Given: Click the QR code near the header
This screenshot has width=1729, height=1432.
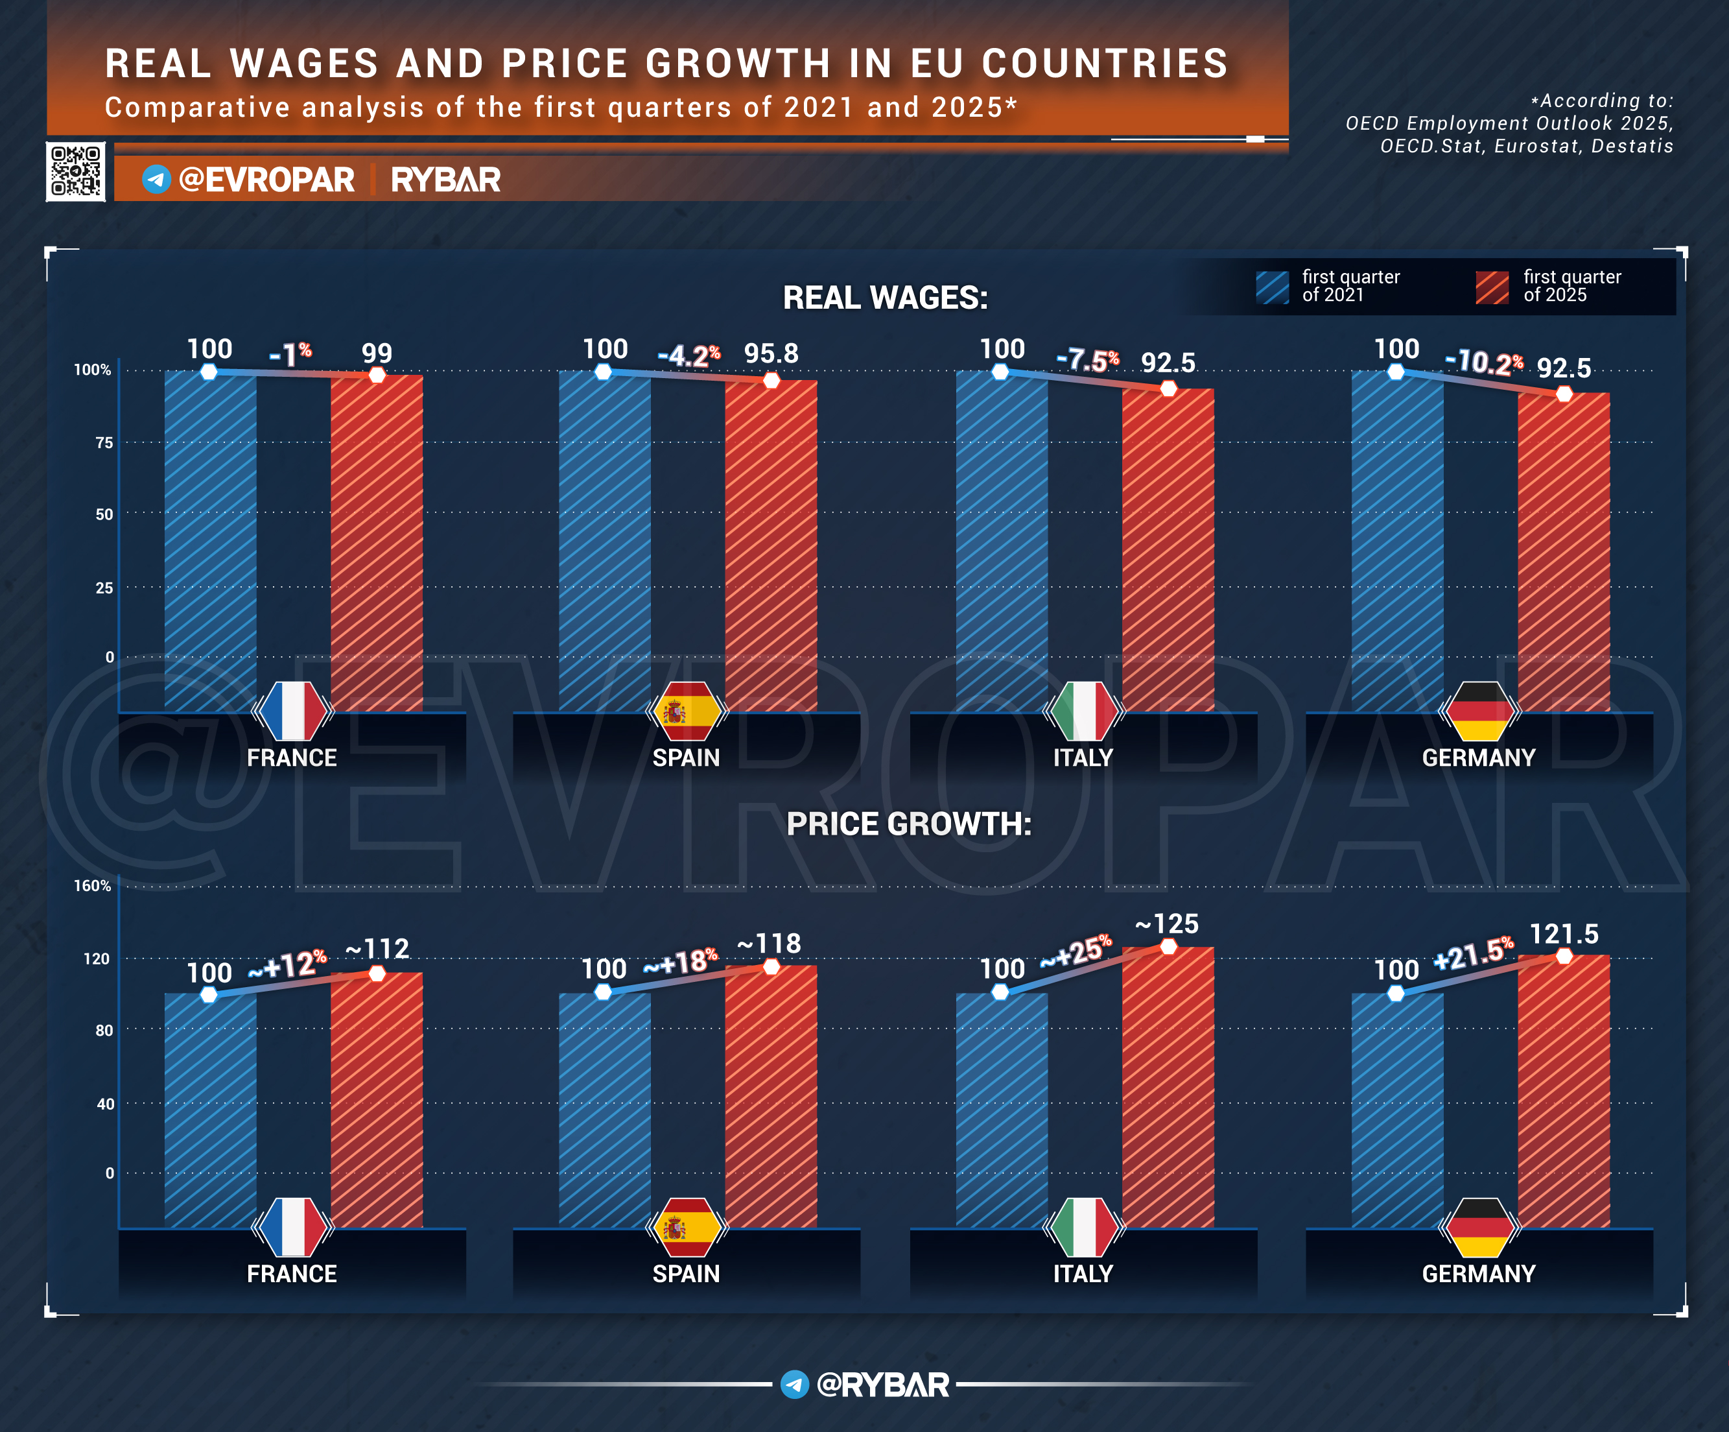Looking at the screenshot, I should pyautogui.click(x=76, y=171).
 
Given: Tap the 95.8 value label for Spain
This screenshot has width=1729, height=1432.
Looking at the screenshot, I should pyautogui.click(x=771, y=353).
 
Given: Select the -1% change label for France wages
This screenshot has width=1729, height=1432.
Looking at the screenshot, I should pyautogui.click(x=290, y=354).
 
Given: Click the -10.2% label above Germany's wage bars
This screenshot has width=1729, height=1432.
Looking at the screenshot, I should pyautogui.click(x=1484, y=361).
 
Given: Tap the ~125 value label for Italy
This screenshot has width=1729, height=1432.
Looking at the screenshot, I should pyautogui.click(x=1167, y=924).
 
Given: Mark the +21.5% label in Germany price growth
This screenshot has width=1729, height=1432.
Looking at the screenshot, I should pyautogui.click(x=1473, y=953).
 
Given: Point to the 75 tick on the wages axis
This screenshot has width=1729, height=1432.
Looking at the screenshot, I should pyautogui.click(x=104, y=443).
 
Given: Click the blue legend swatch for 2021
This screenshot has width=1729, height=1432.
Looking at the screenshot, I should pyautogui.click(x=1272, y=287).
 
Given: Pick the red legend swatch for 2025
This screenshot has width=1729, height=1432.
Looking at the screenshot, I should pyautogui.click(x=1492, y=287).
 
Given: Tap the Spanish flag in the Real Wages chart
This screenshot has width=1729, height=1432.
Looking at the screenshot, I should pyautogui.click(x=686, y=711).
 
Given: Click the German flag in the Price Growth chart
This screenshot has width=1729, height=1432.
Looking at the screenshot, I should pyautogui.click(x=1479, y=1227).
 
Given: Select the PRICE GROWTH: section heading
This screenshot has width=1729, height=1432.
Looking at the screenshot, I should pyautogui.click(x=908, y=824).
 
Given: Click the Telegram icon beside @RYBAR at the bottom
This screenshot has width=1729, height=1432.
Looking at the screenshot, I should pyautogui.click(x=795, y=1384).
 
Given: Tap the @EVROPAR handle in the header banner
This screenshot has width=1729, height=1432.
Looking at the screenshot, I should pyautogui.click(x=266, y=180).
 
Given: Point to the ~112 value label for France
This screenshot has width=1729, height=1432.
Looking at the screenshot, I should pyautogui.click(x=377, y=949).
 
